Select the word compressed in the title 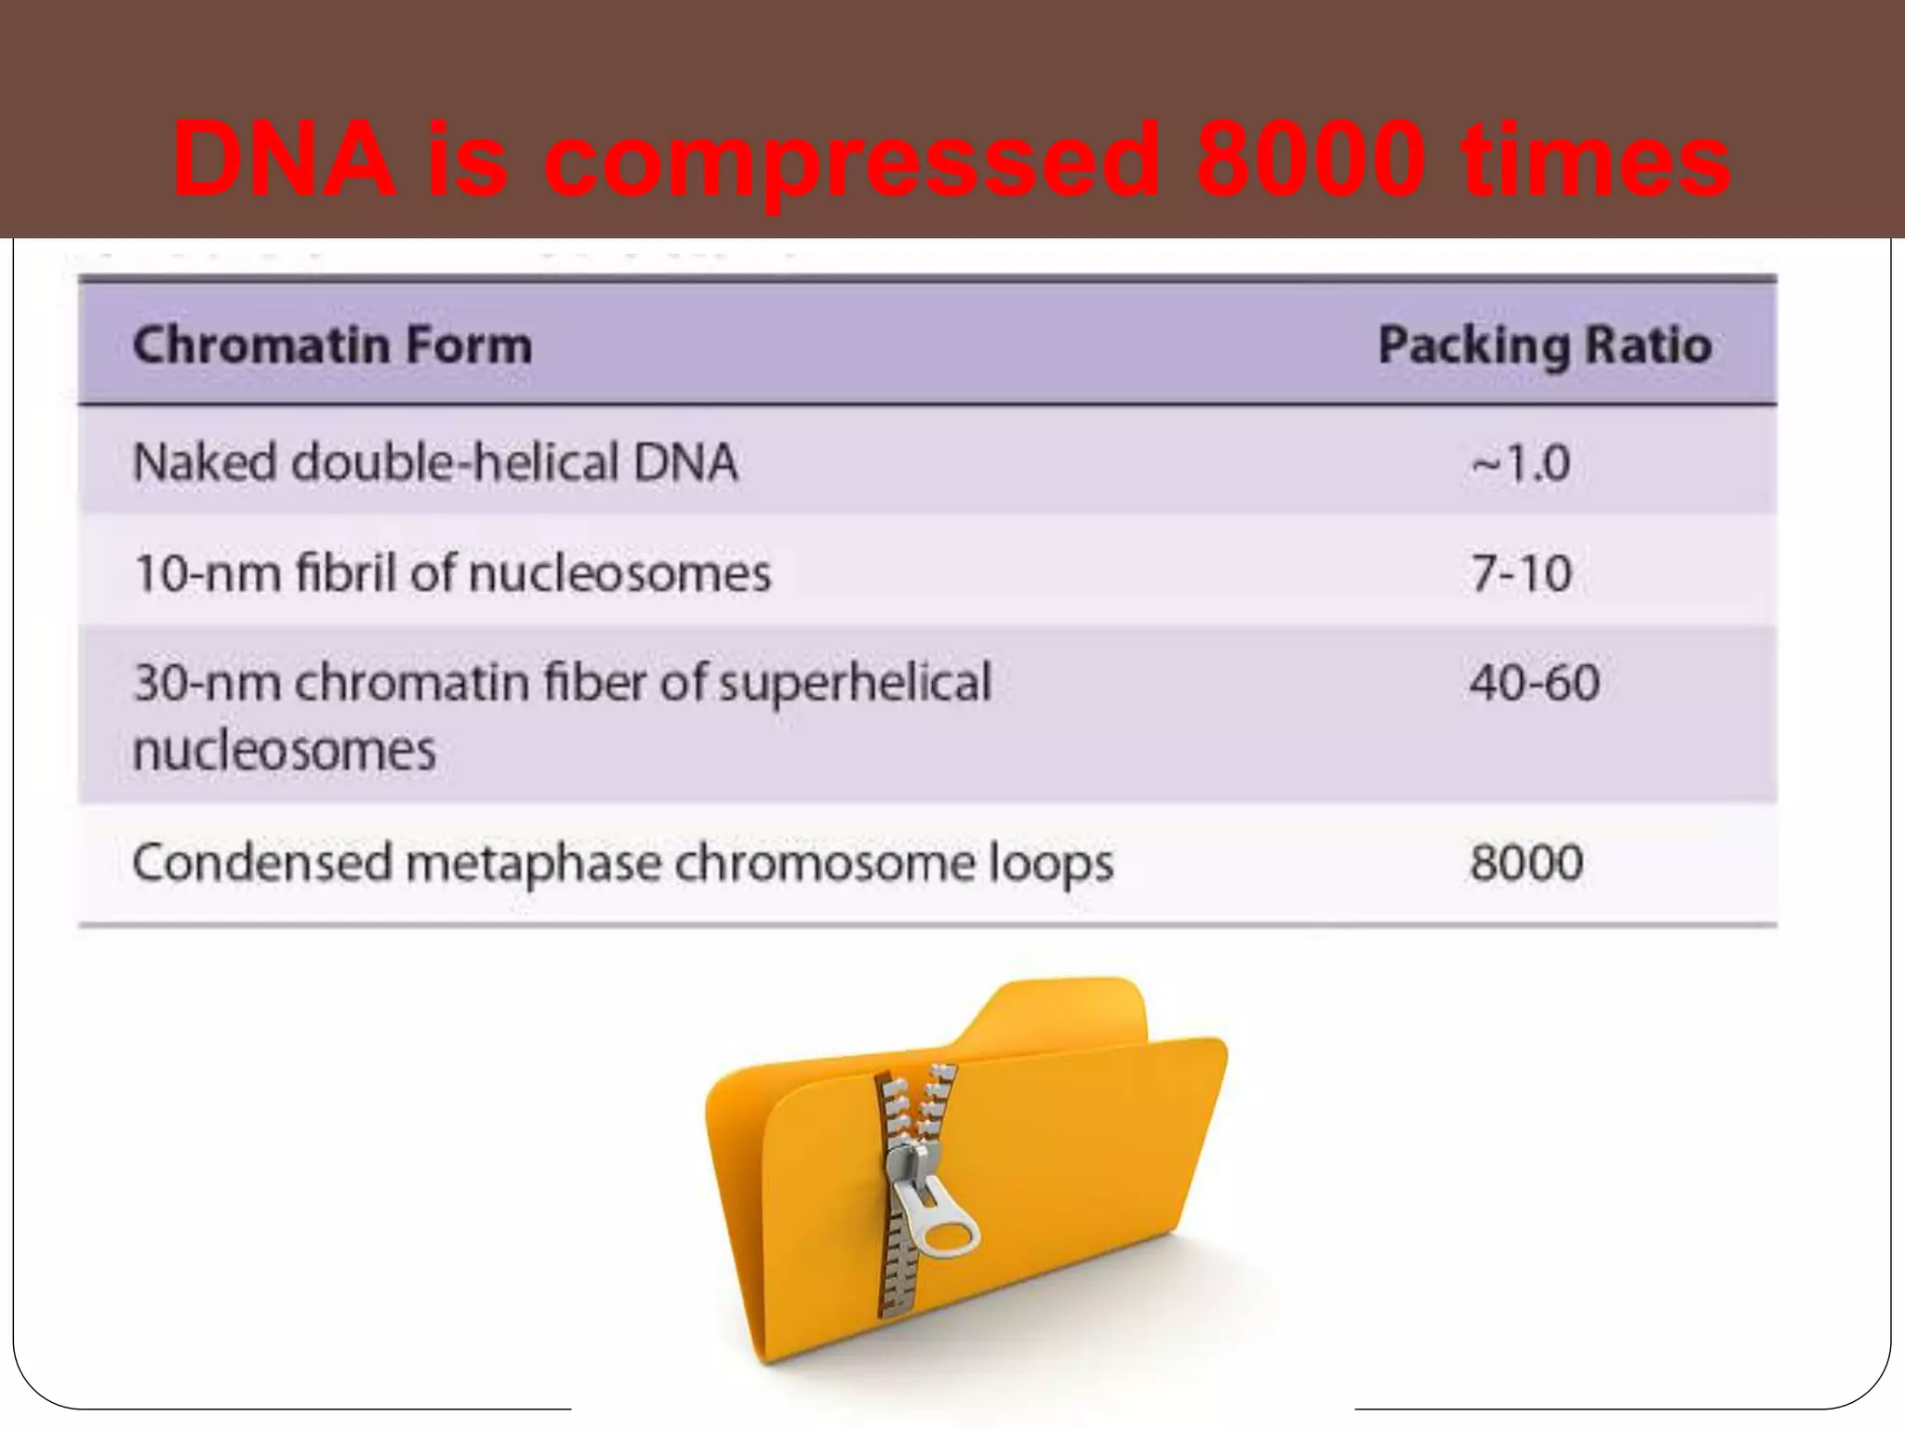[x=852, y=163]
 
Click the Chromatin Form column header [x=333, y=345]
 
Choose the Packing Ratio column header [x=1544, y=345]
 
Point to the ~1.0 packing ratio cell [x=1521, y=462]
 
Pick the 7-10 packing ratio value [x=1522, y=572]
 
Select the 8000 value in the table [x=1526, y=861]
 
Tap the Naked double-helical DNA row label [x=435, y=462]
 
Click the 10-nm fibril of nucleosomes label [x=453, y=572]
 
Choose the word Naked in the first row [x=205, y=462]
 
